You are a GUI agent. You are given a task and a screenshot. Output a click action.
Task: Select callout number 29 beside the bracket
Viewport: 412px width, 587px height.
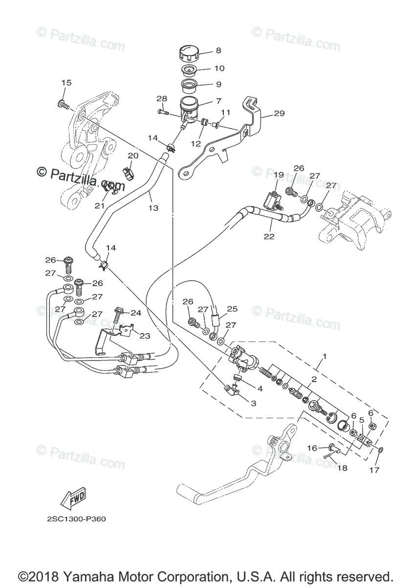tap(279, 114)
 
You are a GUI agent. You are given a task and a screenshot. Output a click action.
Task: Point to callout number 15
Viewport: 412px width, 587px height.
tap(66, 83)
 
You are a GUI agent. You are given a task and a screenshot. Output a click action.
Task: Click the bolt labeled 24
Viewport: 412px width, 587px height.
tap(120, 314)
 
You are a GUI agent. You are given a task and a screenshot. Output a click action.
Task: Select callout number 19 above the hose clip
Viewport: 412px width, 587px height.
tap(279, 175)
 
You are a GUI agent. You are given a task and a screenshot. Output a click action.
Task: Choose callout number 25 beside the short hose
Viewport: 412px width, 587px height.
tap(232, 309)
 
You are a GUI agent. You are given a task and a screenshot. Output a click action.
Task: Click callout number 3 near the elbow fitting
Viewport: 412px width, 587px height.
tap(253, 404)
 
